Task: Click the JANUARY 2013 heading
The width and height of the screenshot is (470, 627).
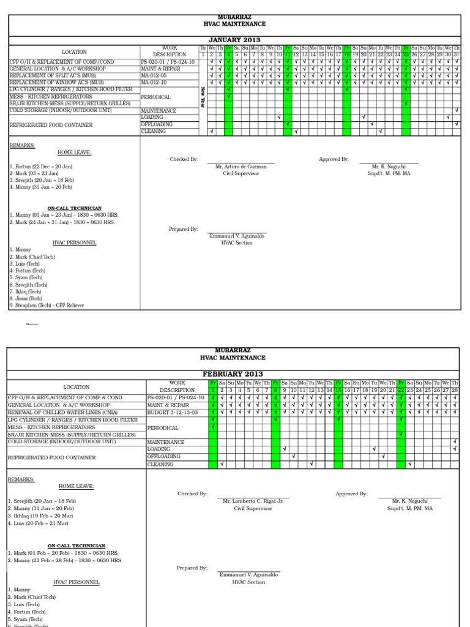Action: (235, 40)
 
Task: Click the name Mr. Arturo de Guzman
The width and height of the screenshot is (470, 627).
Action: (241, 167)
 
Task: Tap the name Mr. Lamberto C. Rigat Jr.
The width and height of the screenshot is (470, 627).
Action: (253, 501)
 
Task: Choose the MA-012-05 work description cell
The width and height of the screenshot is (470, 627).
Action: (154, 75)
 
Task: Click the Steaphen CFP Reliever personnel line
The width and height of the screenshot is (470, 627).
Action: (47, 305)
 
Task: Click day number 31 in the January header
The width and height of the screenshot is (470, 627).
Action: (456, 54)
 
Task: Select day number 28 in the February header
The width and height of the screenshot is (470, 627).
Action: (454, 390)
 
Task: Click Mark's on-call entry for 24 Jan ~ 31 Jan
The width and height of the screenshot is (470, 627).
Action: (62, 222)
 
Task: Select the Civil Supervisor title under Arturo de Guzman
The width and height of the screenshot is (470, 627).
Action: (241, 173)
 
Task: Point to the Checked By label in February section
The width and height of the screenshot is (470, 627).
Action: (192, 493)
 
